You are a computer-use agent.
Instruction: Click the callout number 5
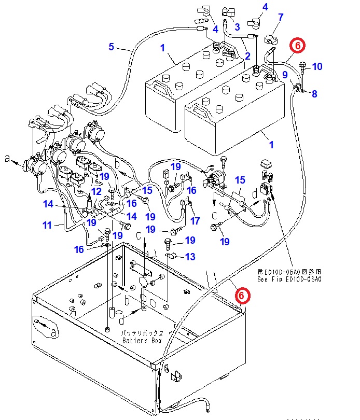(x=111, y=47)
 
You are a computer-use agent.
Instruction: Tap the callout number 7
(x=281, y=17)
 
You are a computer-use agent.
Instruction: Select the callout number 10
(x=317, y=66)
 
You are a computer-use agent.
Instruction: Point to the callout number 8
(x=314, y=94)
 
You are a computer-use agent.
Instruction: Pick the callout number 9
(x=285, y=75)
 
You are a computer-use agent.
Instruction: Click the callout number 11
(x=47, y=225)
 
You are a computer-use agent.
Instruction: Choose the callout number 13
(x=190, y=257)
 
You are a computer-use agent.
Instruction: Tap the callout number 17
(x=195, y=221)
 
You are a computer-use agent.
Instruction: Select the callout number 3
(x=237, y=26)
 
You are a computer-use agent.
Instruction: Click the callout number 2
(x=247, y=56)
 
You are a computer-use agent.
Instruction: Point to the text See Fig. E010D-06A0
(x=289, y=279)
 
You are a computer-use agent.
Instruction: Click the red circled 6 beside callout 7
(x=298, y=46)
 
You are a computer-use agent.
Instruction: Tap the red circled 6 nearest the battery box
(x=242, y=296)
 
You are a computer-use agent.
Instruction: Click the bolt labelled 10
(x=303, y=66)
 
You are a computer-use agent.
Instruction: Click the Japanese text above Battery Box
(x=142, y=333)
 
